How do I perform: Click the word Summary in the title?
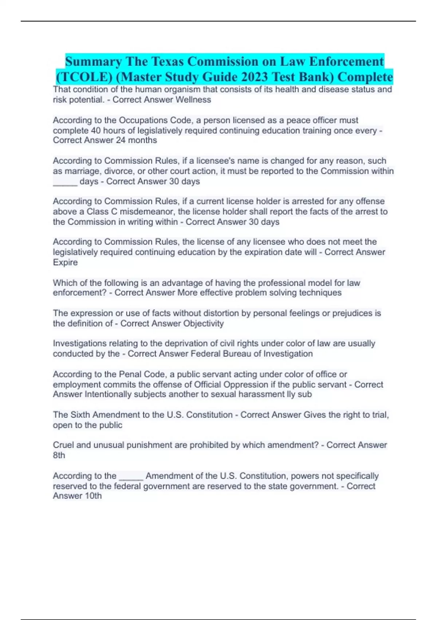click(93, 61)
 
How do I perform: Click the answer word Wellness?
click(193, 100)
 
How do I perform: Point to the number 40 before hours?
click(96, 131)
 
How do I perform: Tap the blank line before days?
click(65, 182)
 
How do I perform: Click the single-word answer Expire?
click(65, 262)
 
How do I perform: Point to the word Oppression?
click(246, 384)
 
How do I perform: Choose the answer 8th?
click(59, 455)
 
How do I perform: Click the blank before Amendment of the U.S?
click(131, 476)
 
